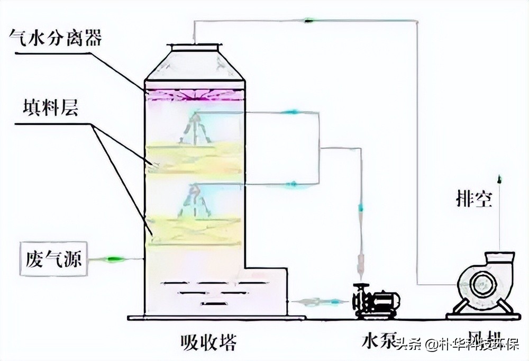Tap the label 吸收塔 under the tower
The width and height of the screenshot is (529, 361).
[207, 340]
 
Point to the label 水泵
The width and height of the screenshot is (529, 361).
[377, 341]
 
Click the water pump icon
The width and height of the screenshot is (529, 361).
[376, 301]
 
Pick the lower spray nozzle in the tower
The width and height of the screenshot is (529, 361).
[194, 201]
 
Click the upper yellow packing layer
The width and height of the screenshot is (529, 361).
[195, 156]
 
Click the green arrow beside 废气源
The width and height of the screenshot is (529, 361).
[114, 259]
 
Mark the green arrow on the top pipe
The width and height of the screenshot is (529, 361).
[308, 21]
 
